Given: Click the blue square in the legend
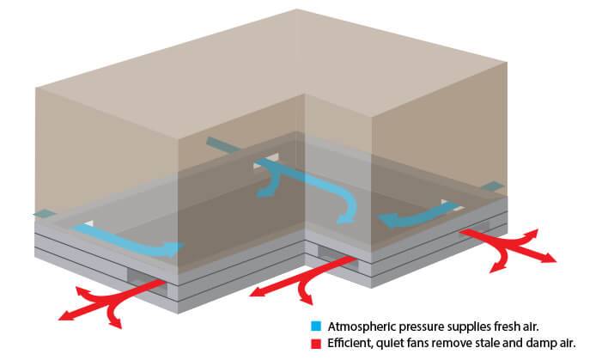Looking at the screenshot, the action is (316, 326).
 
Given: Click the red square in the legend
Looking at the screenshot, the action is (316, 344).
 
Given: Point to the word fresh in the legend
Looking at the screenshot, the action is (506, 326).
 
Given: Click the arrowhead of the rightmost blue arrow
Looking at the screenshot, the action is (388, 221).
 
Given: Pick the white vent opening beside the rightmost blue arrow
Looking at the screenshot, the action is (452, 204).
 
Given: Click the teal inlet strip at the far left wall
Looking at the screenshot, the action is (45, 213).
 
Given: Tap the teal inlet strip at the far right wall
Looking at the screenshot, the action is (492, 186).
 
